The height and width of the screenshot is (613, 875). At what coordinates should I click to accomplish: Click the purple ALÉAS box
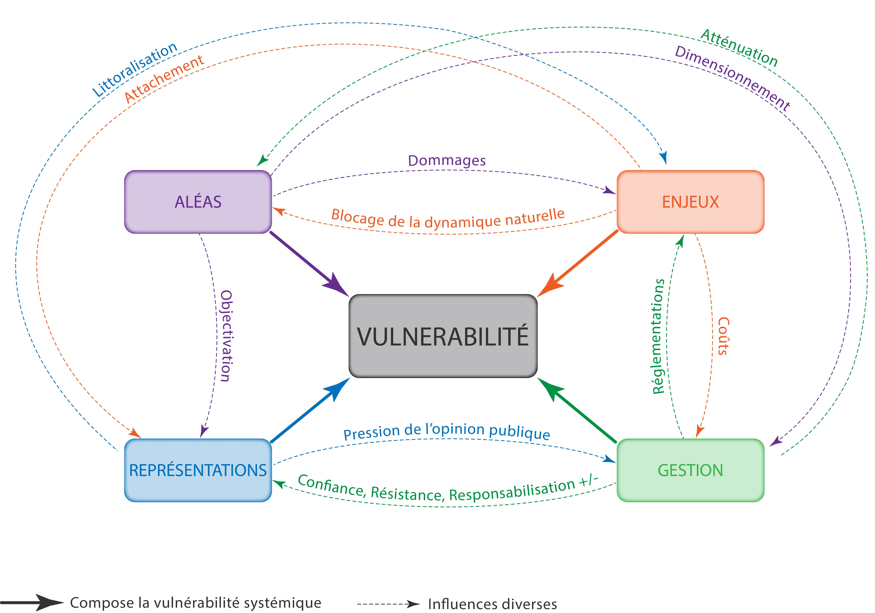click(198, 202)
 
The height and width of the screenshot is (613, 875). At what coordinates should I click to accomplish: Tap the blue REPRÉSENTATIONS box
click(198, 470)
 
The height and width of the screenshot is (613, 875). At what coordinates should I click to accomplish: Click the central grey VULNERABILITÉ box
click(443, 336)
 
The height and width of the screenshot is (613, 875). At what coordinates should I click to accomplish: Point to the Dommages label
click(447, 160)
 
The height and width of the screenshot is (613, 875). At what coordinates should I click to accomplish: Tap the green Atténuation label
click(739, 48)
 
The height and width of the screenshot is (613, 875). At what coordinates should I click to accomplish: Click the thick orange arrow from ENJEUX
click(577, 263)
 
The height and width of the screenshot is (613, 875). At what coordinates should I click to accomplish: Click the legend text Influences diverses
click(492, 604)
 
